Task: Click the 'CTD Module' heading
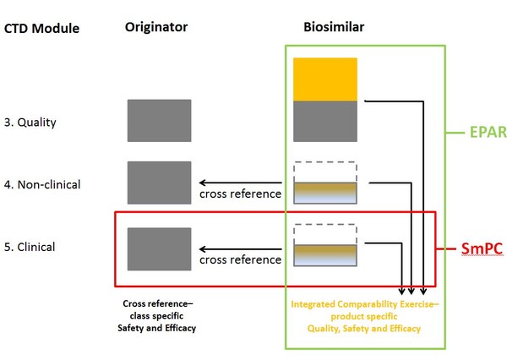point(42,29)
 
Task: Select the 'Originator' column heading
point(156,27)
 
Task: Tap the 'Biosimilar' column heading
point(334,27)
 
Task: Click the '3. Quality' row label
point(30,122)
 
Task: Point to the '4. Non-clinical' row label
point(43,183)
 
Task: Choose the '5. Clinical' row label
point(30,247)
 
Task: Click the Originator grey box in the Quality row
point(159,120)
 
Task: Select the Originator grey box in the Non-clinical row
point(159,183)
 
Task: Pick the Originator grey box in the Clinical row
point(159,248)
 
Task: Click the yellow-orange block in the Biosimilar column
point(324,79)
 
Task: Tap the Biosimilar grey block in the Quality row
point(324,121)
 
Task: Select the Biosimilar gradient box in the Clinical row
point(324,254)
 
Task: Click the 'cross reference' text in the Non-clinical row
point(240,194)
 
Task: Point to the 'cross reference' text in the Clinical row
point(240,259)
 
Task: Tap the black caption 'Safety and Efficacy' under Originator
point(159,327)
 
